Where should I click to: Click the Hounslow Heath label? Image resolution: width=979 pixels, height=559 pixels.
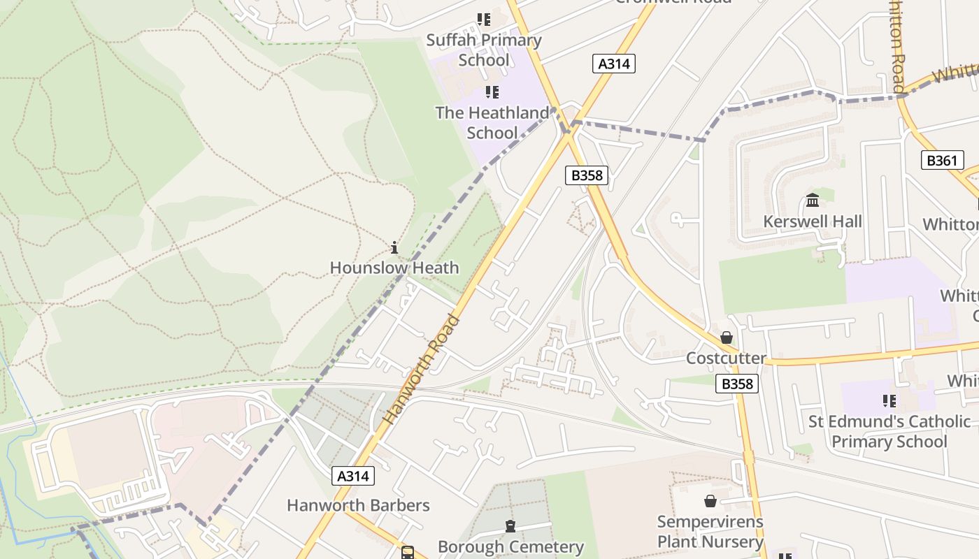tap(394, 268)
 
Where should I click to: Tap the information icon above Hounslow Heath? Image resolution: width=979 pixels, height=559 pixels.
tap(394, 247)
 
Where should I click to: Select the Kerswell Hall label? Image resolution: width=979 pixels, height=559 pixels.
tap(813, 222)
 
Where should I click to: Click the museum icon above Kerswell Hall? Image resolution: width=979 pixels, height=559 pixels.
tap(813, 201)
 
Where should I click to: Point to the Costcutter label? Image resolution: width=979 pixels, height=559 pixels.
tap(726, 358)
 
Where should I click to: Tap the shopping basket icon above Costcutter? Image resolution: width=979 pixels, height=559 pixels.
tap(727, 338)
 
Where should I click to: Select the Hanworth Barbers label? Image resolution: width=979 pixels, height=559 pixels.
tap(358, 505)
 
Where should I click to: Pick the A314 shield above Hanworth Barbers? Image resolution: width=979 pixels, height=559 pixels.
tap(353, 477)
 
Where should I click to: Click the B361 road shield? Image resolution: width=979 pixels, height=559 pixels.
tap(941, 161)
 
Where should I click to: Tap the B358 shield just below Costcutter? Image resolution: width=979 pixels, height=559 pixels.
tap(737, 384)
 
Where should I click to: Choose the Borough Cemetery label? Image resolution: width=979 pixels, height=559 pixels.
tap(510, 546)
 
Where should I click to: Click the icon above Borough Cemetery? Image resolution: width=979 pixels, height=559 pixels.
tap(510, 526)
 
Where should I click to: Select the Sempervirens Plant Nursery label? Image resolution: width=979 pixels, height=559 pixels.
tap(710, 532)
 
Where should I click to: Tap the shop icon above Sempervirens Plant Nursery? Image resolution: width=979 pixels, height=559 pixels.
tap(710, 501)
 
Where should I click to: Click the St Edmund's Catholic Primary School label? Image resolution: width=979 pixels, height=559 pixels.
tap(889, 432)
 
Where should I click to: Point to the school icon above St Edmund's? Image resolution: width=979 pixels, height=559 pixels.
tap(889, 401)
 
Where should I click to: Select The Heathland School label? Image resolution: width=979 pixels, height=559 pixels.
tap(492, 122)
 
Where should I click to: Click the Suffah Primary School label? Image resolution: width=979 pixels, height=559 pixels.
tap(484, 50)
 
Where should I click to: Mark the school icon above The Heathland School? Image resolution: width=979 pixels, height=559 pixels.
tap(492, 92)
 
